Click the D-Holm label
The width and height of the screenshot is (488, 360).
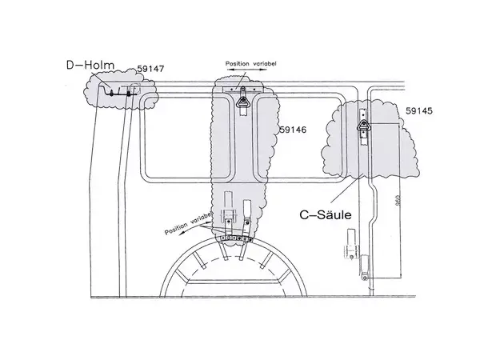(x=90, y=65)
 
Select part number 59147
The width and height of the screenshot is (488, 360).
(x=150, y=69)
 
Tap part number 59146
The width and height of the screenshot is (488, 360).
(x=293, y=130)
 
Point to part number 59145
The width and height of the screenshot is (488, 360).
(x=419, y=110)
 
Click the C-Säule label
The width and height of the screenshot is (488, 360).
(x=326, y=214)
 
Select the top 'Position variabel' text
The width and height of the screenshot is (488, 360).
(x=251, y=64)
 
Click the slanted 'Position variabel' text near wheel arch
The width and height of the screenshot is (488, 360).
(x=188, y=223)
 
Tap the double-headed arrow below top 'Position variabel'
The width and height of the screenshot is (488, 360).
(x=247, y=70)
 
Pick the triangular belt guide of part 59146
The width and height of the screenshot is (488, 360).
(x=242, y=102)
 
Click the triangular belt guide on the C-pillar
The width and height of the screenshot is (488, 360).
(x=363, y=126)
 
